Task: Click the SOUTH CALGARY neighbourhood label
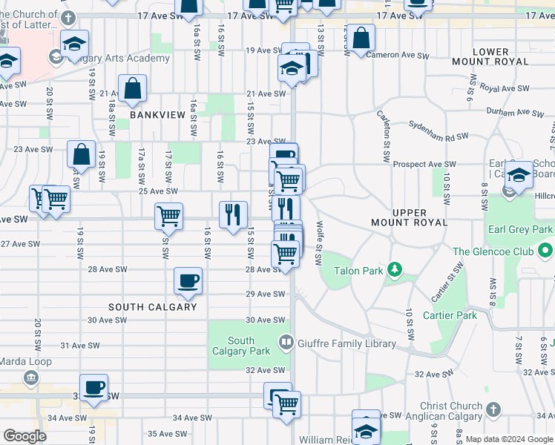click(153, 307)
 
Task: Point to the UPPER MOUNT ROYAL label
click(410, 217)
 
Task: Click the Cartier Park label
click(449, 315)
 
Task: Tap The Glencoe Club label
click(493, 252)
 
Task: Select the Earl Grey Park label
click(520, 229)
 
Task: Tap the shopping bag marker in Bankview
click(132, 88)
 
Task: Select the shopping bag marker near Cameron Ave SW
click(361, 39)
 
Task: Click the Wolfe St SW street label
click(320, 242)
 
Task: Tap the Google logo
click(25, 435)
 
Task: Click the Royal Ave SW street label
click(505, 88)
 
